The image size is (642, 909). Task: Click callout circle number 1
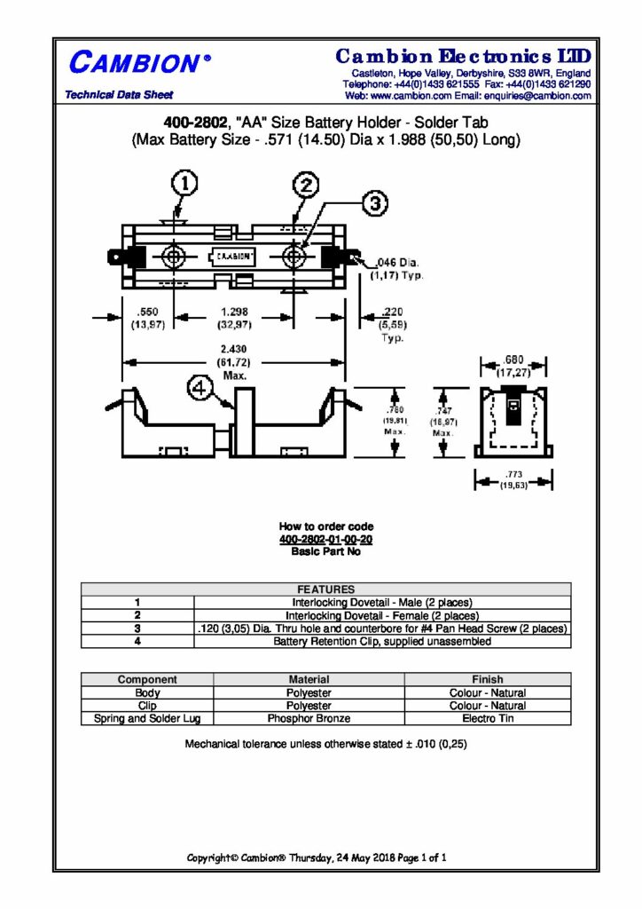tap(184, 184)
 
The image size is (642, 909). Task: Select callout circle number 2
tap(305, 185)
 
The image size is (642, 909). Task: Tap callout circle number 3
tap(374, 203)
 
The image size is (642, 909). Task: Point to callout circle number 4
tap(200, 388)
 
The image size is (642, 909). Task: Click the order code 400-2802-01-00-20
tap(325, 539)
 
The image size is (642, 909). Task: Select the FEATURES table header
tap(325, 589)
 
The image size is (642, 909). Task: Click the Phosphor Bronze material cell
tap(309, 718)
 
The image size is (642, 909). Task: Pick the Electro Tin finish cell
tap(487, 718)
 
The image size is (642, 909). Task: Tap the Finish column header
tap(487, 680)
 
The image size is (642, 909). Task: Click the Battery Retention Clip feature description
tap(381, 641)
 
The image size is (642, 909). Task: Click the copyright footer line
tap(316, 858)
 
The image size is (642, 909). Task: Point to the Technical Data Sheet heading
tap(120, 95)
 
